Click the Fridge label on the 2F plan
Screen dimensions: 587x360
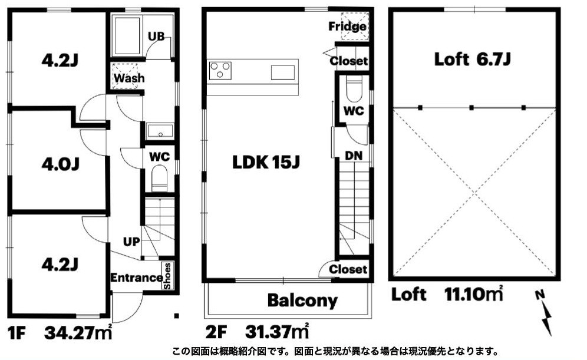(347, 26)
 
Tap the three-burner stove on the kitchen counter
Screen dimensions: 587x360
(220, 71)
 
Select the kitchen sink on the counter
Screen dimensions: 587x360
(283, 72)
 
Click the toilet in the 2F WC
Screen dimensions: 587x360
(354, 90)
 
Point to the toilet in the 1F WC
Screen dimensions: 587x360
(160, 178)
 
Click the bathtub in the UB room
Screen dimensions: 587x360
(127, 37)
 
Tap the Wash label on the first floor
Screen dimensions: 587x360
(129, 78)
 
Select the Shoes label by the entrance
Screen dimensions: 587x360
(167, 276)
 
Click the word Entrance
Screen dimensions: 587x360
(136, 278)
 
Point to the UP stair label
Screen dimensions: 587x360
(131, 242)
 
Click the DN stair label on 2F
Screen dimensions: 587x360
(354, 156)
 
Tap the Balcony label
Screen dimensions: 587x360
(302, 300)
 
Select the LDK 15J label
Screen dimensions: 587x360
(266, 162)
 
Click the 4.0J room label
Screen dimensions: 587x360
(60, 164)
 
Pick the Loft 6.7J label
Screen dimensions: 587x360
(472, 59)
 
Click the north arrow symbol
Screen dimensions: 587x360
(545, 312)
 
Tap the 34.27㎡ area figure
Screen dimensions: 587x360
(78, 332)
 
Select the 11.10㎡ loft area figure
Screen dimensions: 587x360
(473, 294)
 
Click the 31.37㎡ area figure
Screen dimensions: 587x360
(277, 331)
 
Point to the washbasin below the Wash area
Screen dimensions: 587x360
(160, 131)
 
